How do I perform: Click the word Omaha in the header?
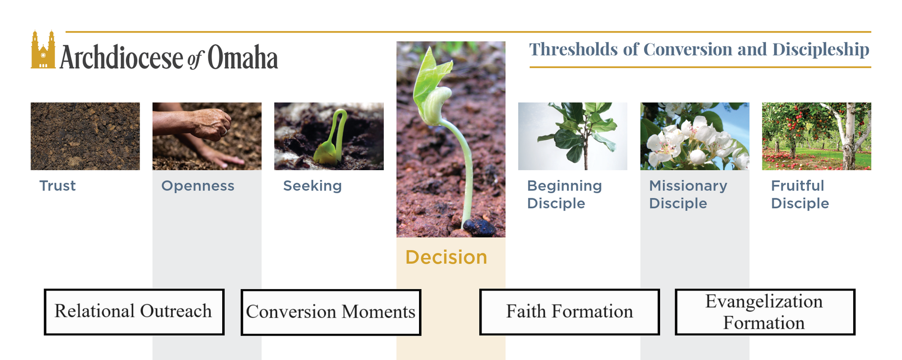(x=242, y=58)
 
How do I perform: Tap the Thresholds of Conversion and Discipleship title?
(x=699, y=49)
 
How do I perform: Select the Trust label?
(x=57, y=186)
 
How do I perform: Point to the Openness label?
(x=198, y=186)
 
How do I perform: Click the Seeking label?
(x=312, y=186)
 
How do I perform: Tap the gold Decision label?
(x=446, y=257)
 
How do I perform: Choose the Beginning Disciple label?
(x=564, y=195)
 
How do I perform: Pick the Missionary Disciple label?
(x=688, y=195)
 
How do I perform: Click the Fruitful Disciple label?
(x=800, y=195)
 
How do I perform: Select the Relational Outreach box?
(x=134, y=312)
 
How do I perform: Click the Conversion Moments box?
(x=331, y=312)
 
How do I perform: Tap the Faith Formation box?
(x=569, y=312)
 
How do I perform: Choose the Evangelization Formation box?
(x=765, y=312)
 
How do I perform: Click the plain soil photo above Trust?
(x=85, y=136)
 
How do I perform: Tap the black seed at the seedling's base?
(x=480, y=227)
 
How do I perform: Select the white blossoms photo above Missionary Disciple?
(x=695, y=136)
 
